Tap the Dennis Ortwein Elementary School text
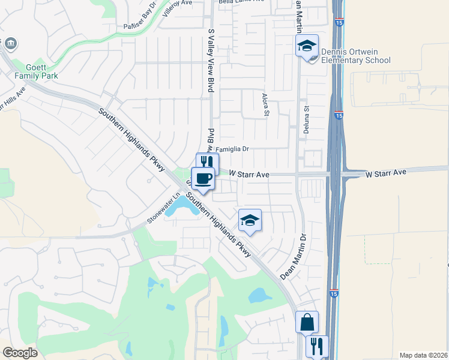(x=356, y=56)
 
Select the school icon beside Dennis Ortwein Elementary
(x=306, y=46)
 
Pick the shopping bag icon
(x=307, y=322)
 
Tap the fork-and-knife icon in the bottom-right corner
(x=317, y=346)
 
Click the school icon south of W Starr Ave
(x=250, y=220)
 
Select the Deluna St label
(x=306, y=119)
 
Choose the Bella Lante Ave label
(x=241, y=2)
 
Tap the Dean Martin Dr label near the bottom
(x=294, y=256)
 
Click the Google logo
(x=20, y=353)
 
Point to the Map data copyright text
(x=423, y=355)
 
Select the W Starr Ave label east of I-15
(x=386, y=173)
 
